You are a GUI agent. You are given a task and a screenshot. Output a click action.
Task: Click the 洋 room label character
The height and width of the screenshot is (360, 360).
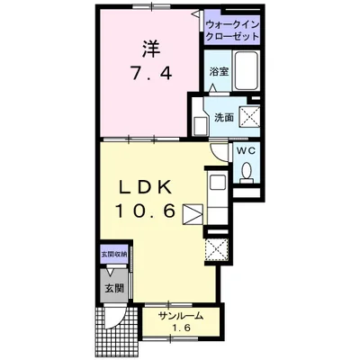point(150,49)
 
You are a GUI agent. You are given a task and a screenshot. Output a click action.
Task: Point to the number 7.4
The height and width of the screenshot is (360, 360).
point(151,73)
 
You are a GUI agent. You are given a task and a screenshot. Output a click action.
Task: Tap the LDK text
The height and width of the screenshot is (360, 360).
point(145,188)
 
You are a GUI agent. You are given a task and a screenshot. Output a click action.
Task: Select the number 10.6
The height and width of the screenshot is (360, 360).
point(145,211)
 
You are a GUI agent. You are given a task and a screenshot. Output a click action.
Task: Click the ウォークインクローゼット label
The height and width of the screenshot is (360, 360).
point(231,31)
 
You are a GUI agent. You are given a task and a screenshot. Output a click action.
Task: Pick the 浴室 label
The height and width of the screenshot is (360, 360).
point(219,71)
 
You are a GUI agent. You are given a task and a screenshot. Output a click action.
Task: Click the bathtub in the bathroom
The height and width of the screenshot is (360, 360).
point(247,70)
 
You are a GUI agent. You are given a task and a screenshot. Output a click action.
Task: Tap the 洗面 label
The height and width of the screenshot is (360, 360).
point(224,118)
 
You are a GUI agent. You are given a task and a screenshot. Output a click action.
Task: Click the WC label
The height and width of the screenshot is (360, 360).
point(246,151)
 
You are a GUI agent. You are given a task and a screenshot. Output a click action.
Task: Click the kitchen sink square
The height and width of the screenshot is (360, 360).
point(217,182)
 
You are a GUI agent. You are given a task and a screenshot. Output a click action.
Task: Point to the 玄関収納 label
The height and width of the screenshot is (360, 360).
point(113,255)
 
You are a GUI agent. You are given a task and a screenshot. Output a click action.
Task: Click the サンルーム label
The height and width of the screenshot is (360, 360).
point(181,316)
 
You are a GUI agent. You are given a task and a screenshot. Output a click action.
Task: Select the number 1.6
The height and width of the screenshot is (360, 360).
point(181,328)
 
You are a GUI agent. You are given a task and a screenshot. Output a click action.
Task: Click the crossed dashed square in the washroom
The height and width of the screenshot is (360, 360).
point(249,118)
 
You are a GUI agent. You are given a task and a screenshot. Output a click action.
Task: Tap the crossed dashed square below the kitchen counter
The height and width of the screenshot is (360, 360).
point(217,250)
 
